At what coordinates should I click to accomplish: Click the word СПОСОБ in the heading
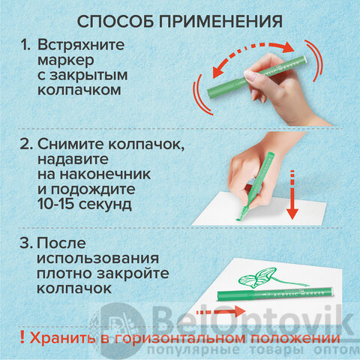point(115,22)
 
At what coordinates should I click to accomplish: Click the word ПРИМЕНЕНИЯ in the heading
point(221,22)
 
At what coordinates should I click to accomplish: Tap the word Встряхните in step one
point(81,45)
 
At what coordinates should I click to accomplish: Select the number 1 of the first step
point(25,45)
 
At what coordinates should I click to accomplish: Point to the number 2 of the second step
point(26,144)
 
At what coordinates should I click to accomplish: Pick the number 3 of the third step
point(26,243)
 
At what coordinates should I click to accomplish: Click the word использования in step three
point(97,259)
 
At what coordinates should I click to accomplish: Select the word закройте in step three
point(133,273)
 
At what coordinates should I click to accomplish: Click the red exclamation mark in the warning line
point(22,337)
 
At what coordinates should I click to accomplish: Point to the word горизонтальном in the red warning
point(180,338)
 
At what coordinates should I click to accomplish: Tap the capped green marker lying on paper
point(275,294)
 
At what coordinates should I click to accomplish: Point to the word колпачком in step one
point(79,90)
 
